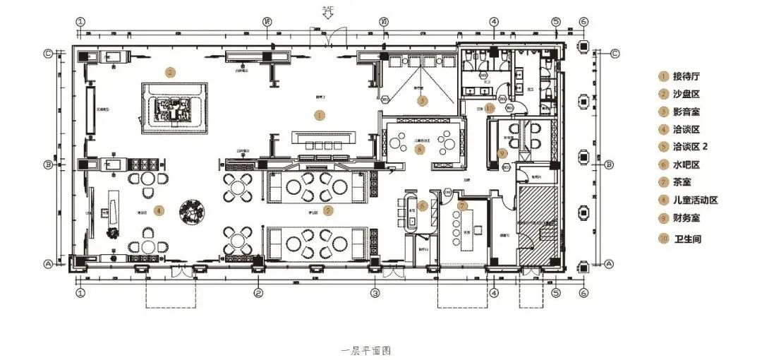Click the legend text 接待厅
tap(689, 76)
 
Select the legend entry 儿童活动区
tap(695, 200)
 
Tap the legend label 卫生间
tap(687, 239)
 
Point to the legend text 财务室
tap(689, 218)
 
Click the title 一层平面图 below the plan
tap(366, 350)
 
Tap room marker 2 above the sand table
tap(169, 71)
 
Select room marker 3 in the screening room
tap(422, 101)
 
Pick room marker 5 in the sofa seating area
tap(327, 209)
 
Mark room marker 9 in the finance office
tap(502, 152)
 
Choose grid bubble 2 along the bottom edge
tap(259, 292)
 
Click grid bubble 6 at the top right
tap(583, 22)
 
